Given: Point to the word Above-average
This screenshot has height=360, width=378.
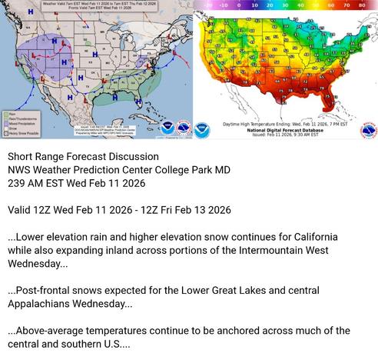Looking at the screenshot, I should [x=48, y=331].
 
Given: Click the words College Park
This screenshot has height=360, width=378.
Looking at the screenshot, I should [x=183, y=170].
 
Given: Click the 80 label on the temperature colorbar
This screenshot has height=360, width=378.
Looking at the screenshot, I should [x=361, y=4].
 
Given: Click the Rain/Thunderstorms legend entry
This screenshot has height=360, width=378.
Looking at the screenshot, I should [x=21, y=118].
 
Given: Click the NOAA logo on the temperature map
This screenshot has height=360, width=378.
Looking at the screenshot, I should [x=202, y=129].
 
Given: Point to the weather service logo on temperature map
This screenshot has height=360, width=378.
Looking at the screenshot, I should [x=368, y=129].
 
